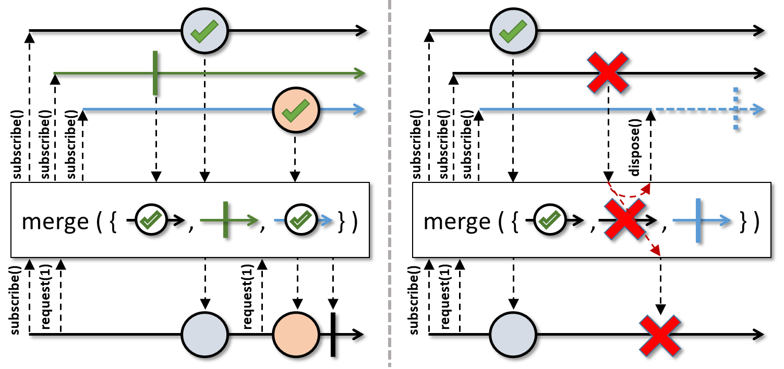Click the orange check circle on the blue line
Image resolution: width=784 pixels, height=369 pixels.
click(x=296, y=110)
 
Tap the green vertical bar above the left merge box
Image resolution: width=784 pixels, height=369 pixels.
click(x=155, y=73)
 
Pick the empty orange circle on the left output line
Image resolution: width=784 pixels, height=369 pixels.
click(x=296, y=335)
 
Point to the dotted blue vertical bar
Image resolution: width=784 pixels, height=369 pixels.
click(x=736, y=110)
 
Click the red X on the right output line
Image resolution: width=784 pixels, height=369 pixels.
click(x=660, y=335)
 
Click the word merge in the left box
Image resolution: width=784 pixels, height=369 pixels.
click(x=55, y=222)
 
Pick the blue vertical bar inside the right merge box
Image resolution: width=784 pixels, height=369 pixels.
click(x=698, y=222)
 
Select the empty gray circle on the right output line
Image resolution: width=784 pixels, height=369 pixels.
click(x=513, y=335)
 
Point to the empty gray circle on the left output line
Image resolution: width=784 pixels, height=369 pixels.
click(x=204, y=335)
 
